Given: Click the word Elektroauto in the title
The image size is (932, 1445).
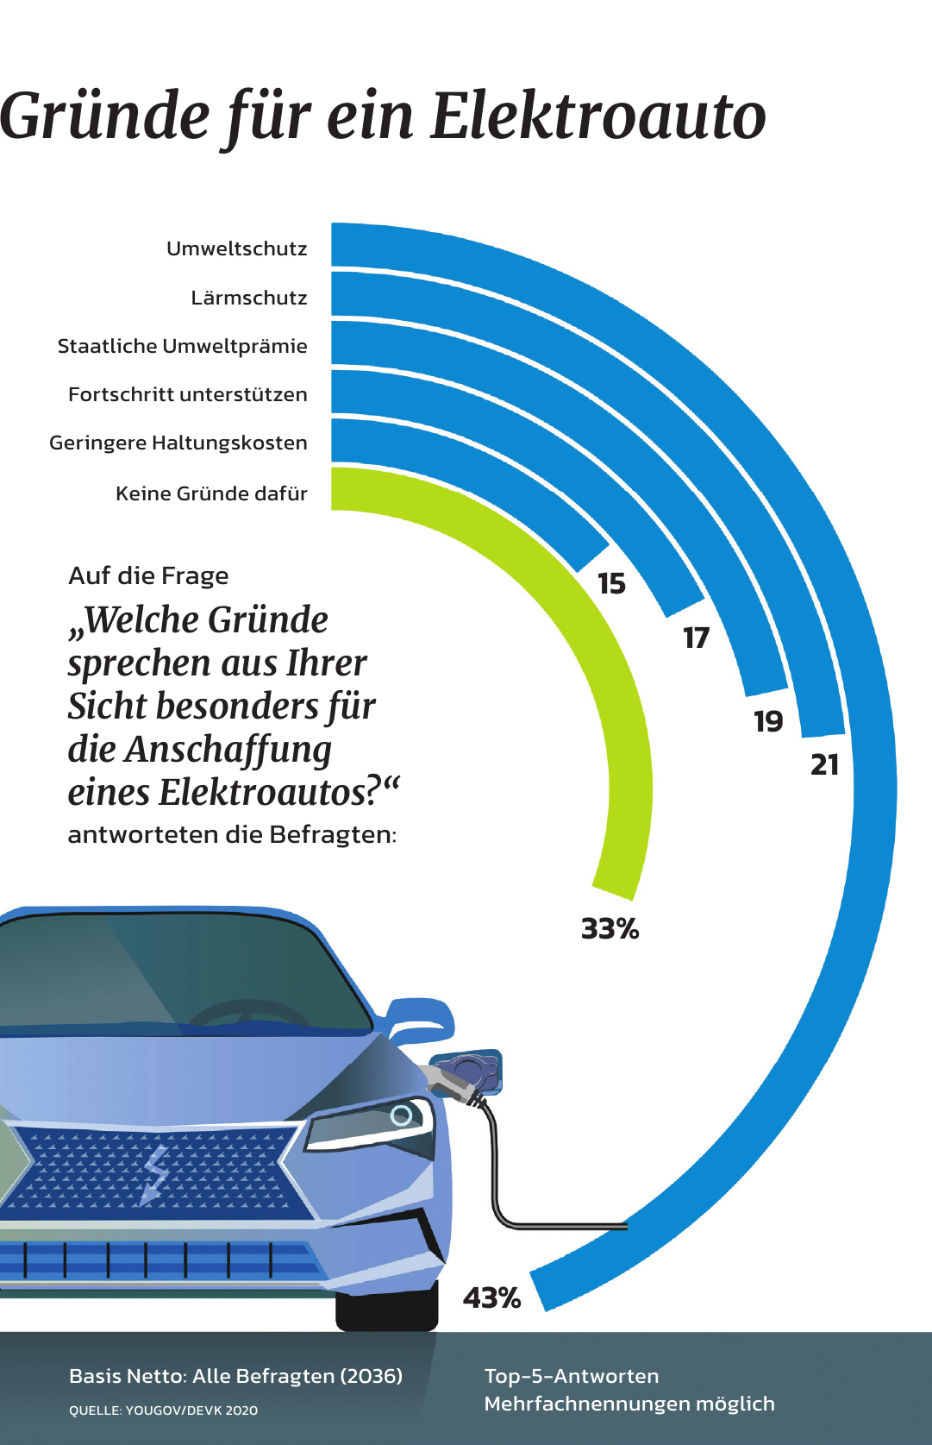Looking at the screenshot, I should coord(597,116).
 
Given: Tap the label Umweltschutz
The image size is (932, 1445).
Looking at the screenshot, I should coord(237,249).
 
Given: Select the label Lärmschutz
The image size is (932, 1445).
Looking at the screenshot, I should coord(249,298).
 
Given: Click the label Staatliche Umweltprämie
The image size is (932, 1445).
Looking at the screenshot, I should coord(182,347).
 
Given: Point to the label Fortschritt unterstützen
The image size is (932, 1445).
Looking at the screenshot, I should coord(187,395).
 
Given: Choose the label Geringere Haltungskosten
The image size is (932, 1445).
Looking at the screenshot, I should coord(178,443).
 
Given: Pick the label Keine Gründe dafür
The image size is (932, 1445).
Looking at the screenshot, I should coord(211,494).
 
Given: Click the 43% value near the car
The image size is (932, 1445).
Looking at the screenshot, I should coord(491,1297).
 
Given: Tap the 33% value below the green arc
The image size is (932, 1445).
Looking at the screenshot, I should coord(610,929).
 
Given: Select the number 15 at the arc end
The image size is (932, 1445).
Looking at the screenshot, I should coord(611,584).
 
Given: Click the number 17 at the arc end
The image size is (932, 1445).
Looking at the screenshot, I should coord(696,638).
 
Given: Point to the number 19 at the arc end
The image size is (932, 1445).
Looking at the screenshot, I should coord(768,721).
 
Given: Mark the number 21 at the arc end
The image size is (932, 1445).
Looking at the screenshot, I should coord(824,764).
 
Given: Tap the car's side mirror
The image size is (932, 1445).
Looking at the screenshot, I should coord(420,1018).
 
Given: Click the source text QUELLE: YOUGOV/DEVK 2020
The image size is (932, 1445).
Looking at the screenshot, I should coord(163,1410).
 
